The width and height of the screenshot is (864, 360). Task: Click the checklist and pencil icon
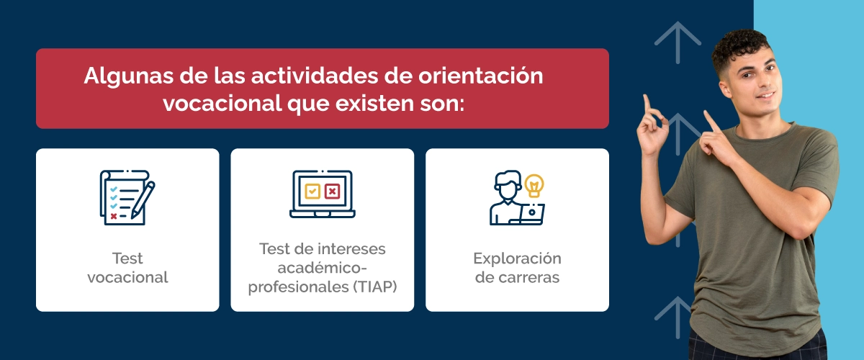coord(127,197)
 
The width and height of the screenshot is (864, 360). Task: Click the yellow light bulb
coord(534,185)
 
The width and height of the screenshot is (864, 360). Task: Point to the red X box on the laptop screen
coord(332,191)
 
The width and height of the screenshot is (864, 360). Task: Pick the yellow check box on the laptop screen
coord(312,191)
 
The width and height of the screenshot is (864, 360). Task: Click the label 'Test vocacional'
coord(127,267)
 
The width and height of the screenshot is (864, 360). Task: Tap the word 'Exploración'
coord(516,258)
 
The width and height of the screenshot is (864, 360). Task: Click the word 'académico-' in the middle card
coord(322,268)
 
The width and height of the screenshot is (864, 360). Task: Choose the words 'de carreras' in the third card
coord(516,278)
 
